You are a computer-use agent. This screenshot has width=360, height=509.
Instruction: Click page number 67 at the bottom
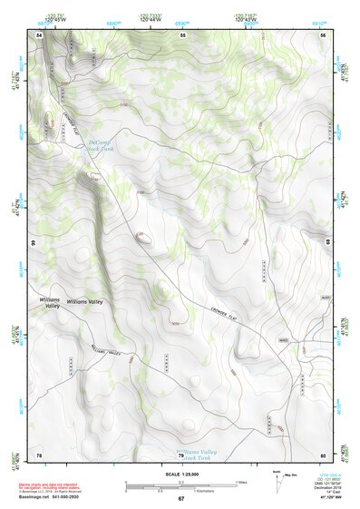click(181, 499)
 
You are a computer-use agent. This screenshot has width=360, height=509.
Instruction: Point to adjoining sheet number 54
click(40, 34)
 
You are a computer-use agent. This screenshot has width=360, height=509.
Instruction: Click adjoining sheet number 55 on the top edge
click(181, 34)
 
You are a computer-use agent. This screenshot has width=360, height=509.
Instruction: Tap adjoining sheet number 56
click(323, 34)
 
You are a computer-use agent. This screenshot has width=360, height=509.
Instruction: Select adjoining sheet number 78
click(39, 454)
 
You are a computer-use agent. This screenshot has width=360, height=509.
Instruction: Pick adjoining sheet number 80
click(323, 454)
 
